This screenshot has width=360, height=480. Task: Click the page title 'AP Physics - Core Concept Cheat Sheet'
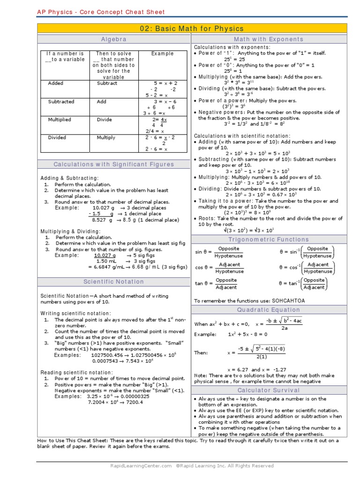[x=100, y=12]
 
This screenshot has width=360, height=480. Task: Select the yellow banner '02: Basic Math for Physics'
[x=192, y=29]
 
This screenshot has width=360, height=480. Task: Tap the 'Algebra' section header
[x=113, y=39]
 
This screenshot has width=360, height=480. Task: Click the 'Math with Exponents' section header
[x=269, y=39]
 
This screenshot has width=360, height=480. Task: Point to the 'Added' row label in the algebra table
[x=55, y=83]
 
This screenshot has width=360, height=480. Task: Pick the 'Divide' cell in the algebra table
[x=104, y=120]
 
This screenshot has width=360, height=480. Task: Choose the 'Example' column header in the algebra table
[x=162, y=53]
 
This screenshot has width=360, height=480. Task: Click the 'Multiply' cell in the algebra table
[x=106, y=138]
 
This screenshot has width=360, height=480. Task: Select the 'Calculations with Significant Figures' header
[x=113, y=165]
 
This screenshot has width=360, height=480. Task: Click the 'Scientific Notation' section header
[x=113, y=282]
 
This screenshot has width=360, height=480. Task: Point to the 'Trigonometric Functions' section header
[x=269, y=240]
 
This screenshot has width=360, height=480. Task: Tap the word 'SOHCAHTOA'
[x=286, y=300]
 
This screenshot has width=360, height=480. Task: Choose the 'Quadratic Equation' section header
[x=269, y=310]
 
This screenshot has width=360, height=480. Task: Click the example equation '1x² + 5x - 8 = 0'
[x=247, y=335]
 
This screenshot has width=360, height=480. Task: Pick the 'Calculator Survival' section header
[x=269, y=390]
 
